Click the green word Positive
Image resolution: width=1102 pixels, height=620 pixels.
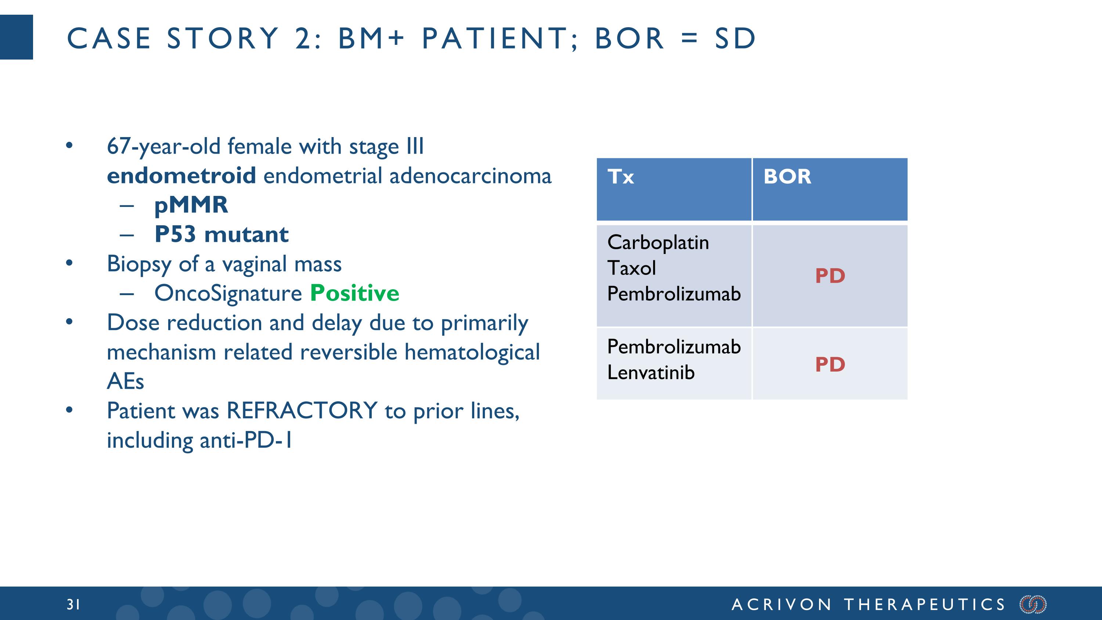pos(354,293)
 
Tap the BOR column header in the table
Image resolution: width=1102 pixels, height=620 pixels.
pos(787,177)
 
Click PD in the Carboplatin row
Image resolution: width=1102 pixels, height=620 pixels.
pos(830,276)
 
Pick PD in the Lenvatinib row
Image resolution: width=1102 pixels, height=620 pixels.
pos(830,365)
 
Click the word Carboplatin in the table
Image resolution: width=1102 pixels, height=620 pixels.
pos(658,243)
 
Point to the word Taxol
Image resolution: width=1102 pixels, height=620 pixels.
pos(631,268)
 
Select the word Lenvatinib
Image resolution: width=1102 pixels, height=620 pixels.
pos(651,372)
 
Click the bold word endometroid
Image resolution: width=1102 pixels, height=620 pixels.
pos(181,176)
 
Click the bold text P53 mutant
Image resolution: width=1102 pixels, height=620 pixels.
pos(221,234)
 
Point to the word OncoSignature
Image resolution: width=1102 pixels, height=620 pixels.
pos(228,294)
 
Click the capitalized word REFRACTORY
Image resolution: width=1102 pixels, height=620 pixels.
pos(302,411)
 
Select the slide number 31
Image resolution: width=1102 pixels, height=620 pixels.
pos(73,604)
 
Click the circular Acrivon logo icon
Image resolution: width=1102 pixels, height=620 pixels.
pos(1033,604)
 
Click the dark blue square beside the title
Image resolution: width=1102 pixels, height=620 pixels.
pos(16,37)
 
